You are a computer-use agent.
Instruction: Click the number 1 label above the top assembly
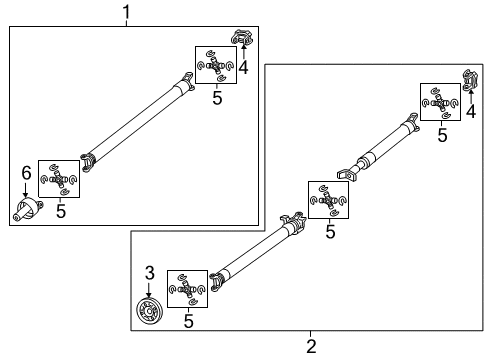tap(127, 11)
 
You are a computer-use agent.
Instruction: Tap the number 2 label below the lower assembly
tap(311, 346)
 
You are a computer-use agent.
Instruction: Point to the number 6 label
tap(26, 173)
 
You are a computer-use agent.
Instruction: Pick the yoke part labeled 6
tap(27, 210)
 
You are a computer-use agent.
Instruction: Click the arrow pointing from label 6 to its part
tap(26, 191)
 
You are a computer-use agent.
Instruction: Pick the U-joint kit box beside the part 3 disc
tap(187, 289)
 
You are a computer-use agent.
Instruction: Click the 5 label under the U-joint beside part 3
tap(187, 321)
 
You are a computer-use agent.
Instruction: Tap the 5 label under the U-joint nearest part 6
tap(59, 210)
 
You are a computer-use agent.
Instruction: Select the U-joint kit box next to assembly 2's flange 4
tap(440, 103)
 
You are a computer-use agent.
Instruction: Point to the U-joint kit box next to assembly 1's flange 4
tap(216, 65)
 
